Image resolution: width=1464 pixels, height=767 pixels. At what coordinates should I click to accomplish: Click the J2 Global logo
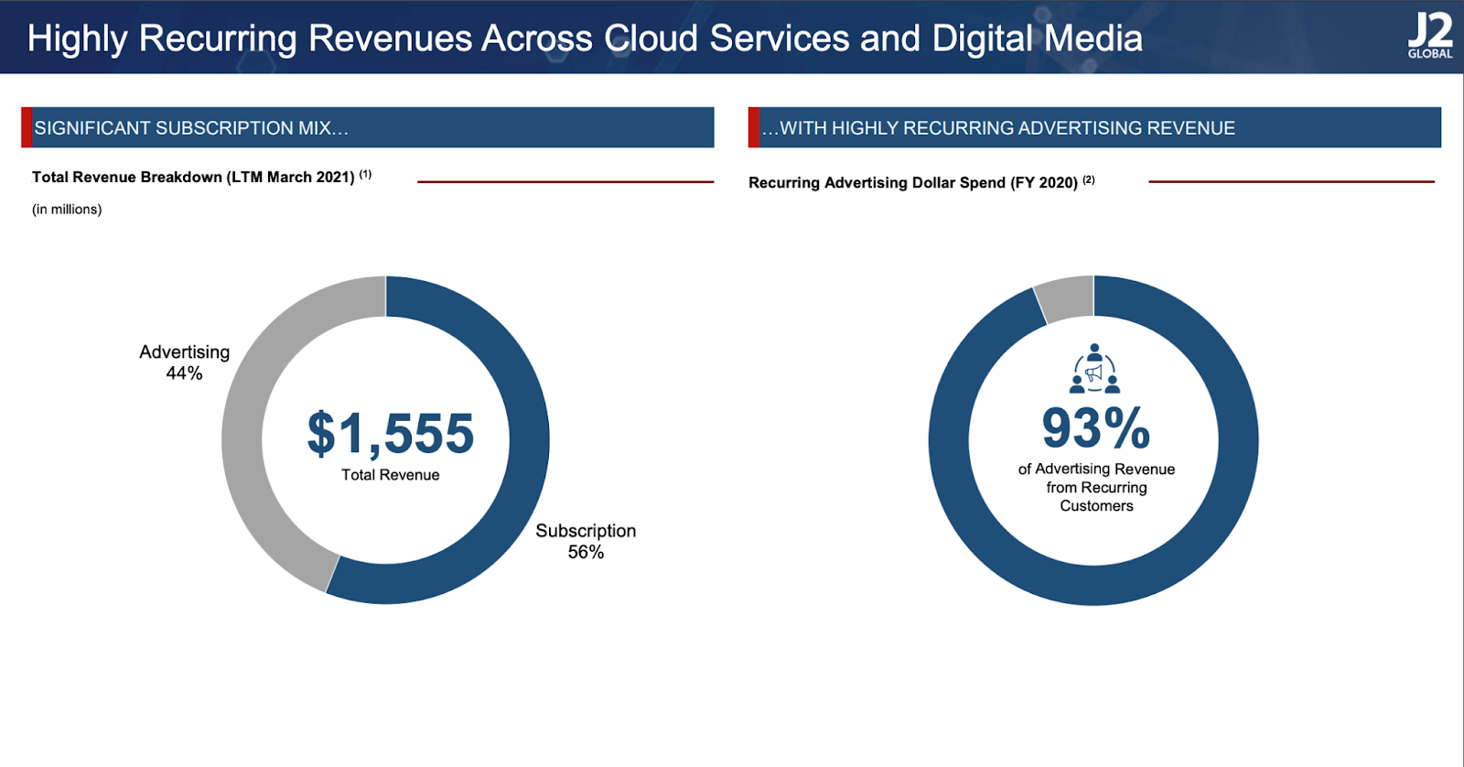click(x=1430, y=37)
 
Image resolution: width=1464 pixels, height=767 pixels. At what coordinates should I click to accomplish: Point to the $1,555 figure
click(x=391, y=434)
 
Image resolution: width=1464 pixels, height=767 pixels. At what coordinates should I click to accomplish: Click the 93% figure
click(x=1095, y=428)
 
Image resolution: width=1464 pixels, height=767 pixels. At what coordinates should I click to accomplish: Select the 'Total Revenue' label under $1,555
click(x=391, y=475)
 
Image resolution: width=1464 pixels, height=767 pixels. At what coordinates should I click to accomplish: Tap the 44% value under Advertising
click(x=184, y=373)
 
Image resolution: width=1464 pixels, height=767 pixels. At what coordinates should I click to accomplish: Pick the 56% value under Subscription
click(x=586, y=552)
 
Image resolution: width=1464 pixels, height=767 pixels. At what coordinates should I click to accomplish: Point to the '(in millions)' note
click(x=67, y=210)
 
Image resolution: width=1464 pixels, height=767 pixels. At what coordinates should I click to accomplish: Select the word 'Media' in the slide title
click(x=1093, y=38)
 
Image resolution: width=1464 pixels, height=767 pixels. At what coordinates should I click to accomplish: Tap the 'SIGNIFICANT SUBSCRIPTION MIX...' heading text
click(x=191, y=128)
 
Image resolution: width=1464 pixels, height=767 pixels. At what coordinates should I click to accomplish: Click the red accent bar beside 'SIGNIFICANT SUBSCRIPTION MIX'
click(x=27, y=127)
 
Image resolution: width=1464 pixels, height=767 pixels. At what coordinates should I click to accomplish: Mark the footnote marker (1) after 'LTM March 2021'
click(x=365, y=174)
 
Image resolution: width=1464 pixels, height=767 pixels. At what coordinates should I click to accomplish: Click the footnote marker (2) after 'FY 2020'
click(x=1088, y=179)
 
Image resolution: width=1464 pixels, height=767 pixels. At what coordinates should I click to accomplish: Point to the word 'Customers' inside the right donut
click(x=1096, y=506)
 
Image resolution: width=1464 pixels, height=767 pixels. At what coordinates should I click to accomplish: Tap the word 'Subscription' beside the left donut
click(x=586, y=531)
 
